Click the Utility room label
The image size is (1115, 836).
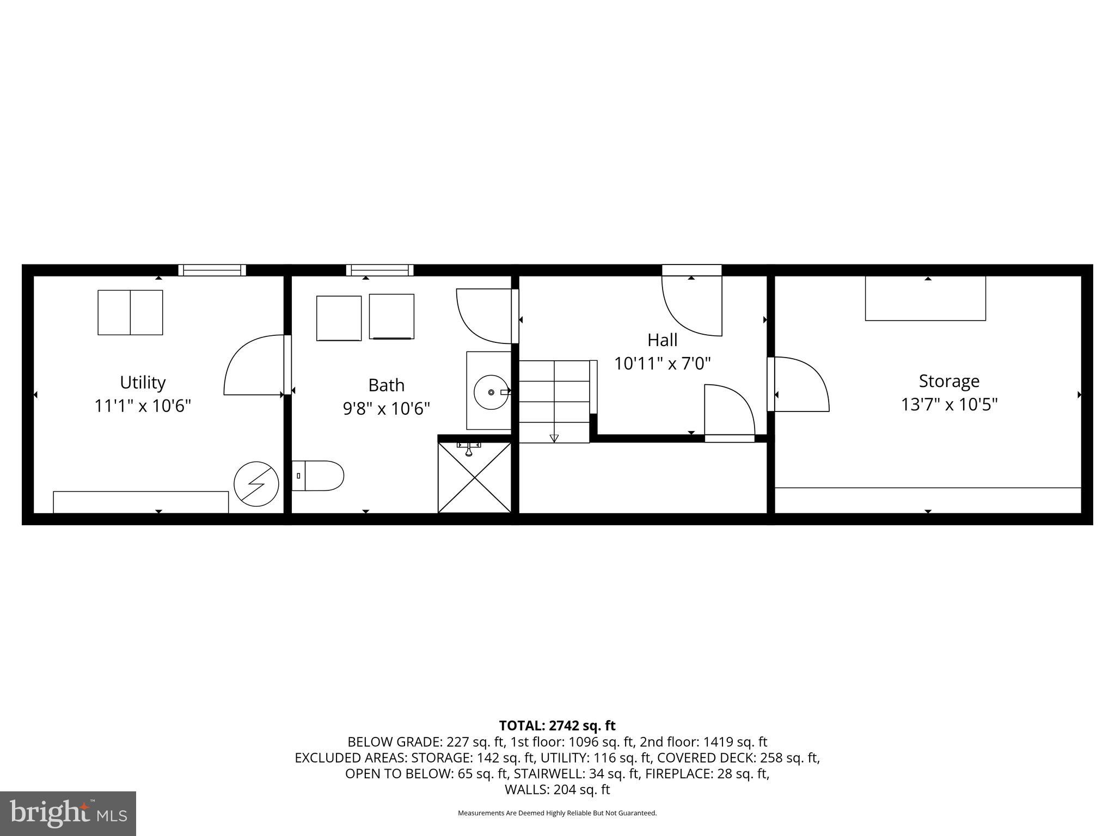point(143,383)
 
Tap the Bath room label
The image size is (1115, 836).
point(387,385)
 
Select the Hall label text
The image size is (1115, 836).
point(662,340)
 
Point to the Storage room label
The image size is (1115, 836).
point(949,381)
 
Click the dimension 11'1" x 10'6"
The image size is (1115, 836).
point(143,406)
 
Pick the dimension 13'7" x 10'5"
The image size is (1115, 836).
point(949,405)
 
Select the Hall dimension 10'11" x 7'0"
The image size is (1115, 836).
point(662,364)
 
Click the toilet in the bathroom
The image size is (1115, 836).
point(318,476)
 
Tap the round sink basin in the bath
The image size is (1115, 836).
point(491,392)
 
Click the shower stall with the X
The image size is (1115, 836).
point(475,477)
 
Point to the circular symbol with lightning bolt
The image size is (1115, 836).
point(256,484)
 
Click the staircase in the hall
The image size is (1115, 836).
point(554,401)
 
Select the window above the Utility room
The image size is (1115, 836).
point(212,270)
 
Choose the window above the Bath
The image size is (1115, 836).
point(380,270)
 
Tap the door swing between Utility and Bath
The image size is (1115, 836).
point(255,365)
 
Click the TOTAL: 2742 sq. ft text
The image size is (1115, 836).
point(557,726)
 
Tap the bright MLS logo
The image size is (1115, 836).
point(68,813)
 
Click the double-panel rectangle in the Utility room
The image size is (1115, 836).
point(130,312)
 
